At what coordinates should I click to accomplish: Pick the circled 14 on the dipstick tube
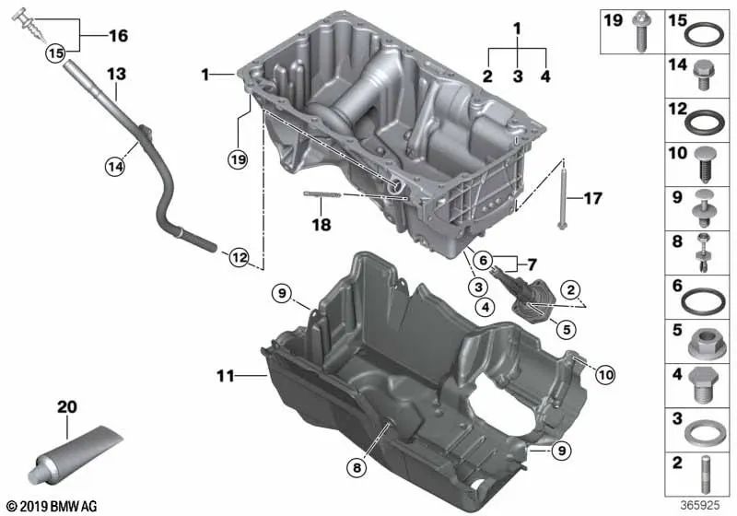coord(113,167)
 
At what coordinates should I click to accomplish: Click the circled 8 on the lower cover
coord(357,468)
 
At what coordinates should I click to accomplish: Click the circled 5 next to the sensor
coord(565,327)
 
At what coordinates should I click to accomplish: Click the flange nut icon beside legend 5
coord(703,344)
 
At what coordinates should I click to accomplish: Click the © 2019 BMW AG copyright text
coord(52,506)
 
